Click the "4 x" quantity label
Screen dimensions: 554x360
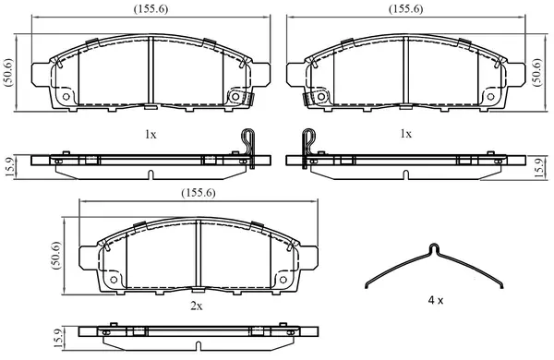click(435, 301)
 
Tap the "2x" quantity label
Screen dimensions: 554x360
click(197, 306)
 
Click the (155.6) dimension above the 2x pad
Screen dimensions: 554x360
click(199, 193)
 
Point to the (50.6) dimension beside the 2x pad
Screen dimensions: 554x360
click(56, 256)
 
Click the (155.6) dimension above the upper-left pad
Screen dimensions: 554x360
click(151, 9)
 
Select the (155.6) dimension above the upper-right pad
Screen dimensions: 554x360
click(405, 9)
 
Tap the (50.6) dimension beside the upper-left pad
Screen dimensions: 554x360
click(8, 72)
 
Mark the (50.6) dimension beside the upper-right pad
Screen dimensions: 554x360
click(537, 72)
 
